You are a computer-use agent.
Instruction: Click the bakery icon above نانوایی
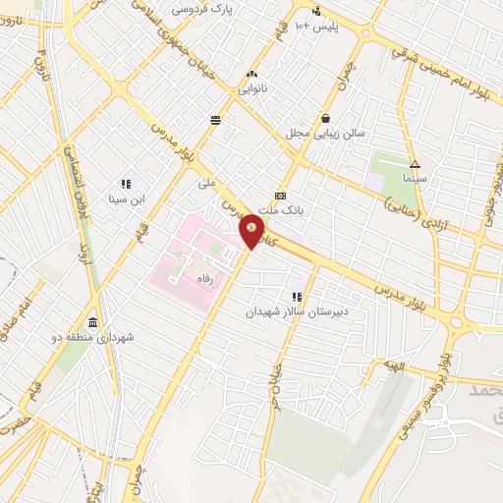(252, 74)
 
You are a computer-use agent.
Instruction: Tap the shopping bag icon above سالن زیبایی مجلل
(324, 117)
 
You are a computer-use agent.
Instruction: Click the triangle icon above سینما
(415, 165)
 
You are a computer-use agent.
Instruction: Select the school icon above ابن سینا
(126, 184)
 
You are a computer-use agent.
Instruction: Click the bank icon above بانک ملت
(281, 196)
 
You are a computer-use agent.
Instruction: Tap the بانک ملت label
(282, 210)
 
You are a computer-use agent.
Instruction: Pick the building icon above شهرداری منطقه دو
(92, 323)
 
